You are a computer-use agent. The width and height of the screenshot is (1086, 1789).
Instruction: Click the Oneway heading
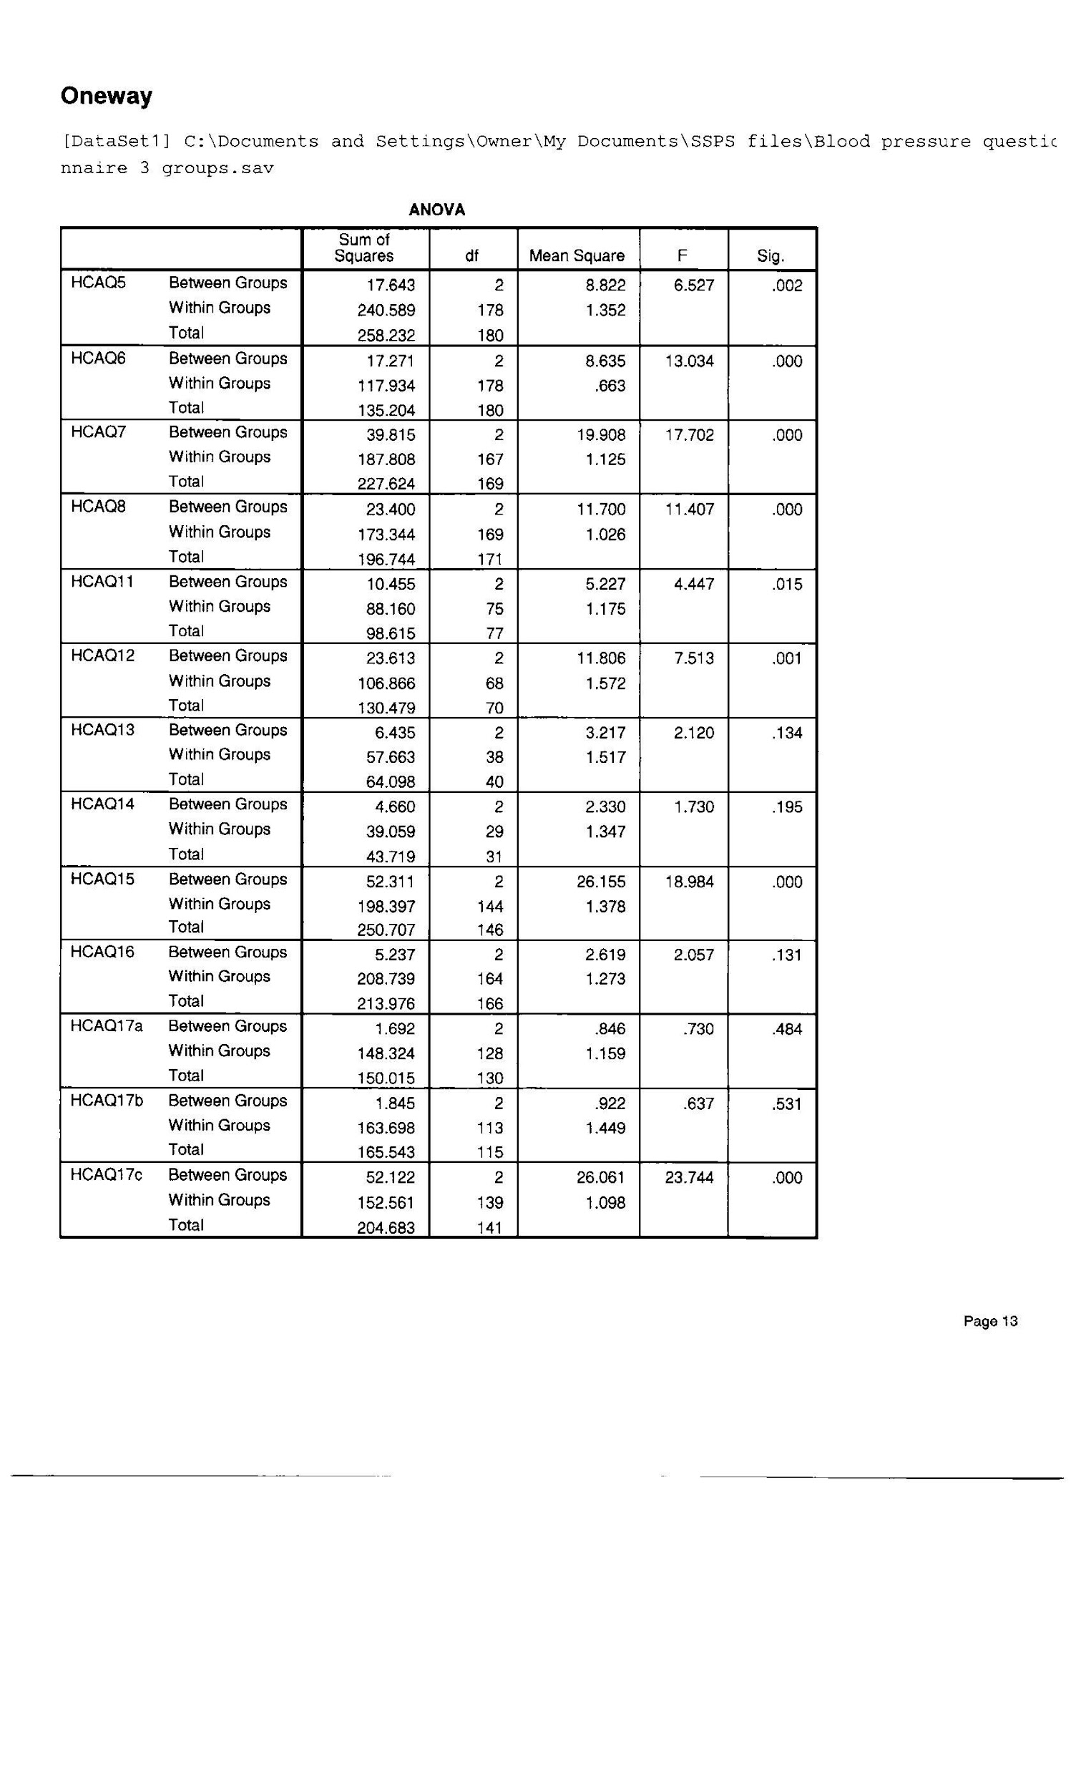(106, 96)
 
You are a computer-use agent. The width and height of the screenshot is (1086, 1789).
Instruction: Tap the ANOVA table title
(436, 210)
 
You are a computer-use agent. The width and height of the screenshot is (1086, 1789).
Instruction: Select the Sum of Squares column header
(363, 248)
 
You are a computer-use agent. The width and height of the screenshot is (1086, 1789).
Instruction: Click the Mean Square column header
(577, 255)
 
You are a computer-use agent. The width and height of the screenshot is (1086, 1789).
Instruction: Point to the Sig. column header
(771, 255)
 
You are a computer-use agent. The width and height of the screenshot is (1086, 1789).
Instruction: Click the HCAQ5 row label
(98, 283)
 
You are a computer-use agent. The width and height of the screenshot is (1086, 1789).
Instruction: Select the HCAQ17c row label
(106, 1175)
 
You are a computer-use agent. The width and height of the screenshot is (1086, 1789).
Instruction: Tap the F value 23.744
(689, 1177)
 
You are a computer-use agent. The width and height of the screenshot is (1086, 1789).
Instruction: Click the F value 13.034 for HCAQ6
(689, 361)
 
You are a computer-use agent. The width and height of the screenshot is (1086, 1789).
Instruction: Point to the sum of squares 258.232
(386, 336)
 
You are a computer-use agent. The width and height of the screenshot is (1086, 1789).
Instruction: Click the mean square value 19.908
(600, 435)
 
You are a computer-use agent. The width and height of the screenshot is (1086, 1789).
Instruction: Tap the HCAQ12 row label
(102, 655)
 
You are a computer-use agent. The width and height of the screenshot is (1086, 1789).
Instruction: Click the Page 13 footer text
(990, 1322)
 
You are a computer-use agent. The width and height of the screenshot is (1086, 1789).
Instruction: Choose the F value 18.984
(689, 882)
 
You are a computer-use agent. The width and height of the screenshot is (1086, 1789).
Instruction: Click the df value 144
(490, 906)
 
